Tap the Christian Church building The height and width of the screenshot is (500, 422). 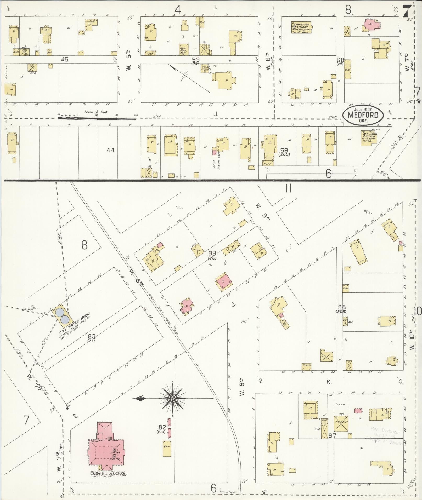click(301, 27)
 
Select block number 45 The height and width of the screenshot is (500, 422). click(65, 60)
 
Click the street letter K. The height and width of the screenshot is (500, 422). click(329, 383)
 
